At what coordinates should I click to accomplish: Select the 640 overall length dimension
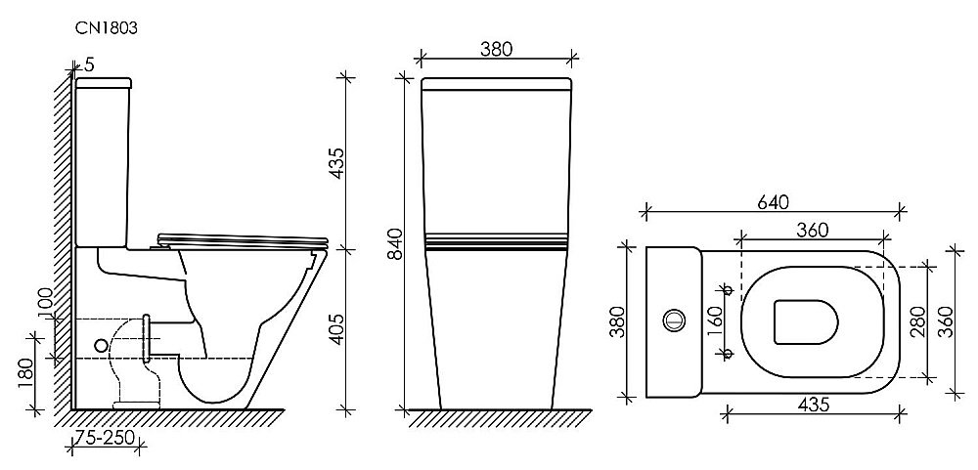click(x=770, y=202)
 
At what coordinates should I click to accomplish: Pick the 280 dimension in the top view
click(x=916, y=319)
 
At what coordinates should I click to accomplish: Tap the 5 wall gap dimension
click(x=89, y=64)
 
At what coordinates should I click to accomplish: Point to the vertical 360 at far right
click(x=946, y=319)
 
